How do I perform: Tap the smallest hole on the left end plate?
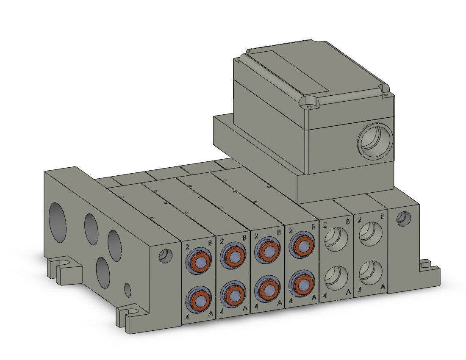pos(127,290)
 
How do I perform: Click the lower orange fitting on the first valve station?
pos(199,299)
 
